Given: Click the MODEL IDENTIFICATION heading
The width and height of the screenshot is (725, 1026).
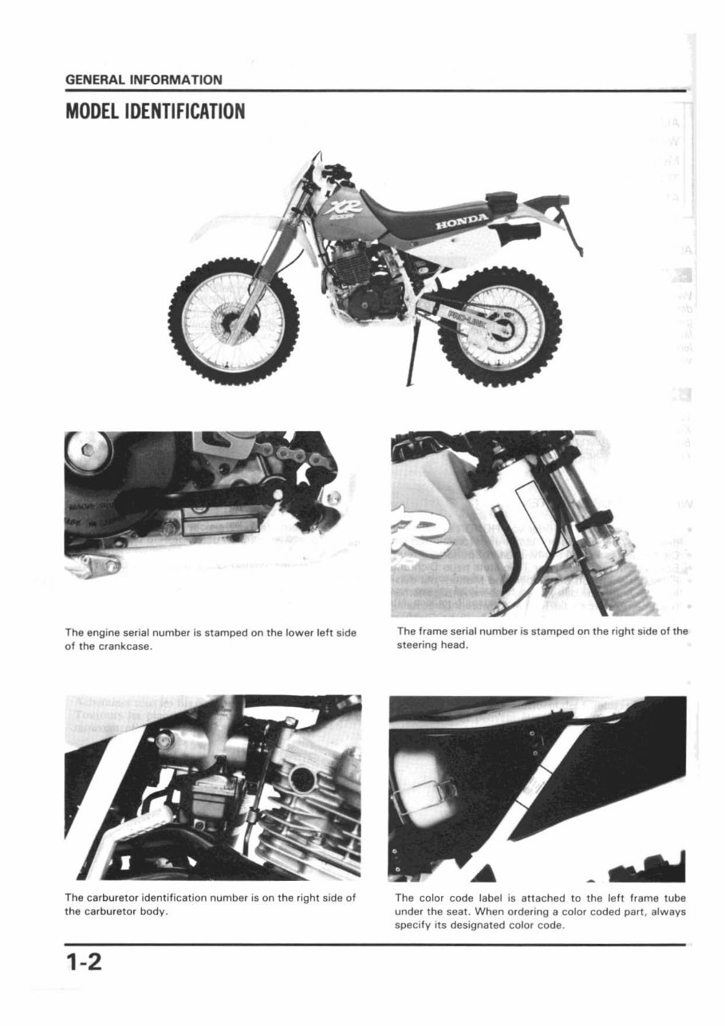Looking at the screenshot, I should (155, 110).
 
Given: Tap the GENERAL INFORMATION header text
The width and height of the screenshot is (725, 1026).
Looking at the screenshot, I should (144, 80).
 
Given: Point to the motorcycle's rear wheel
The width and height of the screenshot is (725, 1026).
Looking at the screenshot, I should (499, 326).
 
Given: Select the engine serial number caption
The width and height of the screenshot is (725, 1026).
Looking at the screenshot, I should (210, 639).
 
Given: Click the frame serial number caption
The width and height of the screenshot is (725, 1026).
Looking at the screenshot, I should (542, 639).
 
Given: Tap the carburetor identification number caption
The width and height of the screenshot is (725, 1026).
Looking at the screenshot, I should (210, 905).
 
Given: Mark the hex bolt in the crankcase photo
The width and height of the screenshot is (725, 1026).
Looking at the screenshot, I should (82, 451).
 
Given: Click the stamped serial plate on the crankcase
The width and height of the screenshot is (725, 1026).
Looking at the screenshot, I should (221, 526).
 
